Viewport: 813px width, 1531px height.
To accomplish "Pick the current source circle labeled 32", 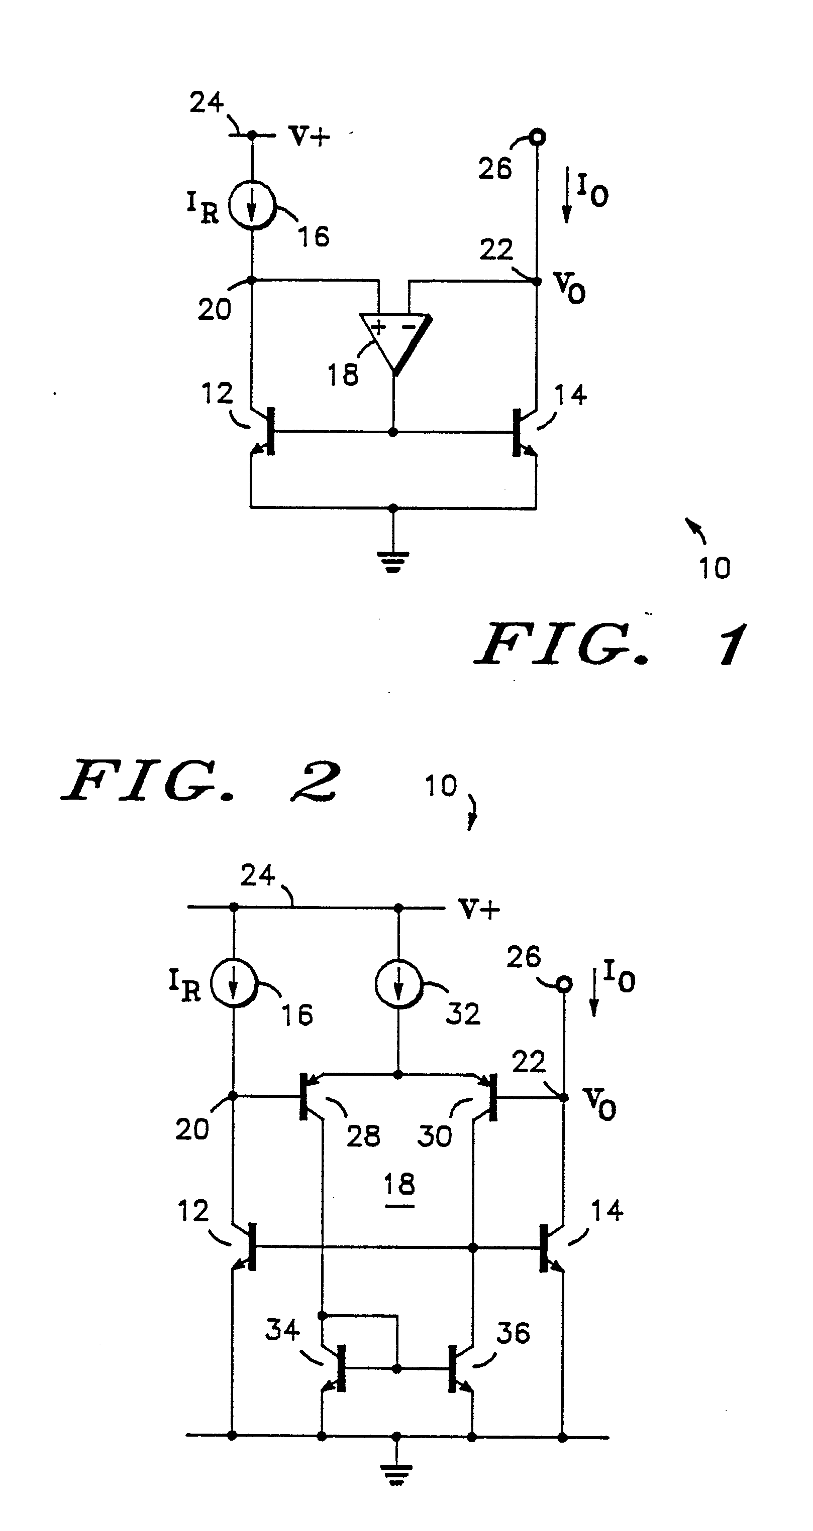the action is (398, 985).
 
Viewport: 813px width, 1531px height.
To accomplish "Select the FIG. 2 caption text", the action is (201, 781).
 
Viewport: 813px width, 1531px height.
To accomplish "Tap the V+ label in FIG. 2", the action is (479, 910).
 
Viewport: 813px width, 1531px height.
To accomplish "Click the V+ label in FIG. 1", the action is (309, 136).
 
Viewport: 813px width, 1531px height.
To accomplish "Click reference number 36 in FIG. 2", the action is (513, 1333).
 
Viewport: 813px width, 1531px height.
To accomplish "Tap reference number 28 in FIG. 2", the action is (363, 1136).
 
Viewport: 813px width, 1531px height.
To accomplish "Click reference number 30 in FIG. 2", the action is (434, 1136).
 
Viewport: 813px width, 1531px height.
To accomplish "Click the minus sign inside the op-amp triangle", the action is (408, 326).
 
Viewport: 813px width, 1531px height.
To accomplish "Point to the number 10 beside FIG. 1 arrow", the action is (715, 568).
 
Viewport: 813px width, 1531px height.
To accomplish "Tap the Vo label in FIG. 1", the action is (569, 288).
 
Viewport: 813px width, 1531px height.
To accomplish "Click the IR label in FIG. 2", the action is (185, 985).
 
